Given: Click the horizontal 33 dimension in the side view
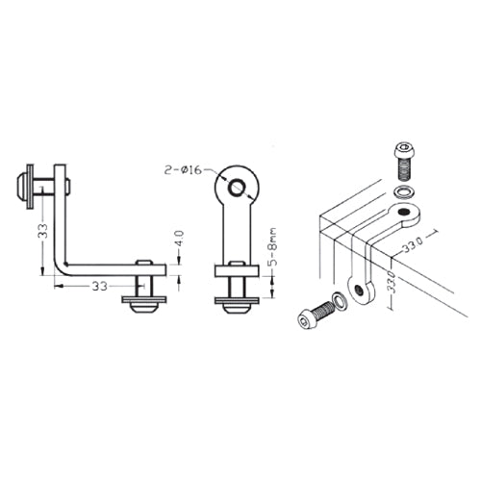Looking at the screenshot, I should tap(99, 286).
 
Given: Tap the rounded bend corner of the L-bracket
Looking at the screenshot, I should tap(63, 265).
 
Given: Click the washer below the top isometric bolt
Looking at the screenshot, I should tap(406, 190).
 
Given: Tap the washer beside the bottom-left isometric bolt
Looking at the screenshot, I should tap(338, 302).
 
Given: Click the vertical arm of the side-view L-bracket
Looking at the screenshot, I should tap(61, 216).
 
